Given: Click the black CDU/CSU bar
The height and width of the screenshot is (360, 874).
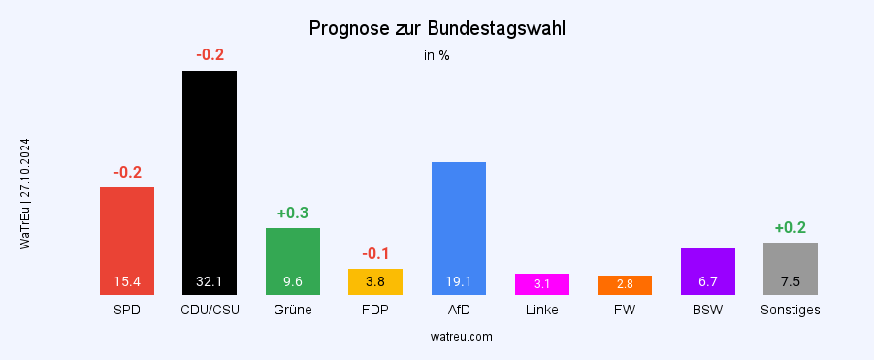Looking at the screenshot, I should tap(210, 175).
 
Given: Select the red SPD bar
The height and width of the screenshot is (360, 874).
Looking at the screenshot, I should tap(127, 233).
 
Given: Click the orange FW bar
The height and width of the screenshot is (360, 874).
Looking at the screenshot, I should tap(624, 284).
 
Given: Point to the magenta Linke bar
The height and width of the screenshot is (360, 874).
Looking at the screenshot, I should tap(541, 283).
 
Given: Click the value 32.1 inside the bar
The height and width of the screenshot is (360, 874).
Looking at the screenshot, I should tap(210, 282).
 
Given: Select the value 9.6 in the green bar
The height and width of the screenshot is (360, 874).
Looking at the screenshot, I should tap(293, 282).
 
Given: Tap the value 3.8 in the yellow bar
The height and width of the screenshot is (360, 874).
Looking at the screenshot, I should tap(375, 282).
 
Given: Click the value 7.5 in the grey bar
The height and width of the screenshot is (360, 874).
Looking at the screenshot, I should tap(791, 282).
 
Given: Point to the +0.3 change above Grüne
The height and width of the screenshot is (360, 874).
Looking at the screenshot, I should tap(293, 213).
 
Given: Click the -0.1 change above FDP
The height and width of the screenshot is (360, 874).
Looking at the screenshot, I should tap(375, 253).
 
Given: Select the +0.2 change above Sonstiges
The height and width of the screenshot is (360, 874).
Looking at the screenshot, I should tap(791, 228).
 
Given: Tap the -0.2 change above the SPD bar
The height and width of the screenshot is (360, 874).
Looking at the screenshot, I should tap(127, 173).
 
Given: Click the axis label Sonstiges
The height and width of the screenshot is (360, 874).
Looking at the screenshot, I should tap(791, 311).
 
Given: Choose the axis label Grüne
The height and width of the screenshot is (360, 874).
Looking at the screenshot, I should tap(293, 311).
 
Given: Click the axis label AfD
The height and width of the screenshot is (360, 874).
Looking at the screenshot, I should tap(458, 311).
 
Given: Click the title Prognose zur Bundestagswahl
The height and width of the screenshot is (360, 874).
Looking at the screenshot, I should tap(437, 28).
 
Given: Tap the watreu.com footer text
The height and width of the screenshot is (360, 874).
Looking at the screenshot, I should tap(461, 337).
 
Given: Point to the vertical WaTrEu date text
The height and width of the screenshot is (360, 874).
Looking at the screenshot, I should tap(25, 194).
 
